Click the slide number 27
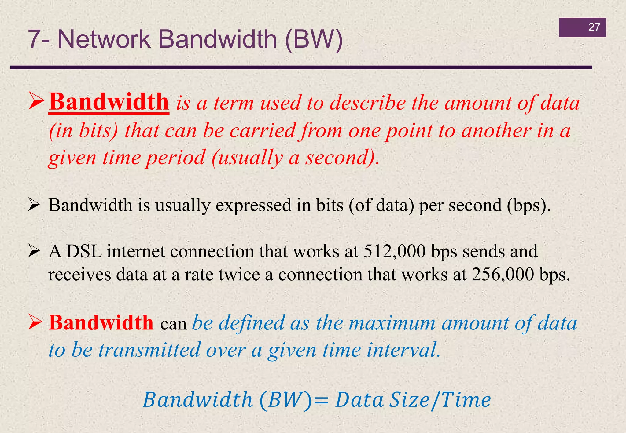click(x=594, y=27)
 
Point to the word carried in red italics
click(x=263, y=131)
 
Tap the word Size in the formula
click(x=409, y=400)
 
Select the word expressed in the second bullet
click(x=253, y=205)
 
